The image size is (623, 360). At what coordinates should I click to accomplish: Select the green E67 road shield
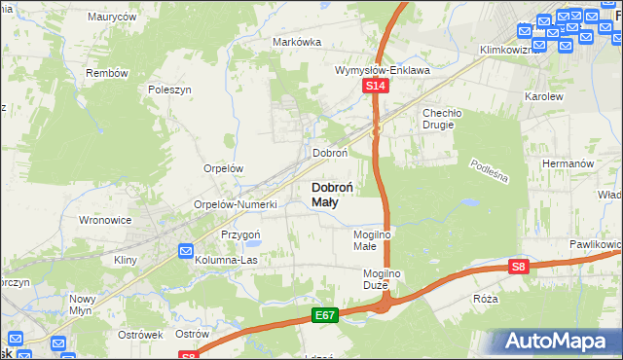[x=325, y=315]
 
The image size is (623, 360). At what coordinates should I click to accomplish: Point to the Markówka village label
[x=297, y=42]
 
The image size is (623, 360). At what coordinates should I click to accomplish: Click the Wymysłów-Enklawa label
[x=383, y=70]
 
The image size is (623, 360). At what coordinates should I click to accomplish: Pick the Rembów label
[x=107, y=73]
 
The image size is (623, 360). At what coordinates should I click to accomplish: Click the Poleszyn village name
[x=170, y=89]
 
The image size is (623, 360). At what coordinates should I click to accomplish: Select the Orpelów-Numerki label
[x=237, y=204]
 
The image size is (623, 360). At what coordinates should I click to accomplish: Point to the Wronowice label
[x=105, y=220]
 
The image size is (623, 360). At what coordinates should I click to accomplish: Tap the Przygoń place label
[x=240, y=234]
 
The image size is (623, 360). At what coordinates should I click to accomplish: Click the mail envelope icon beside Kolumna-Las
[x=186, y=252]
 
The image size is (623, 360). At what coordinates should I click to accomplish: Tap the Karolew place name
[x=544, y=97]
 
